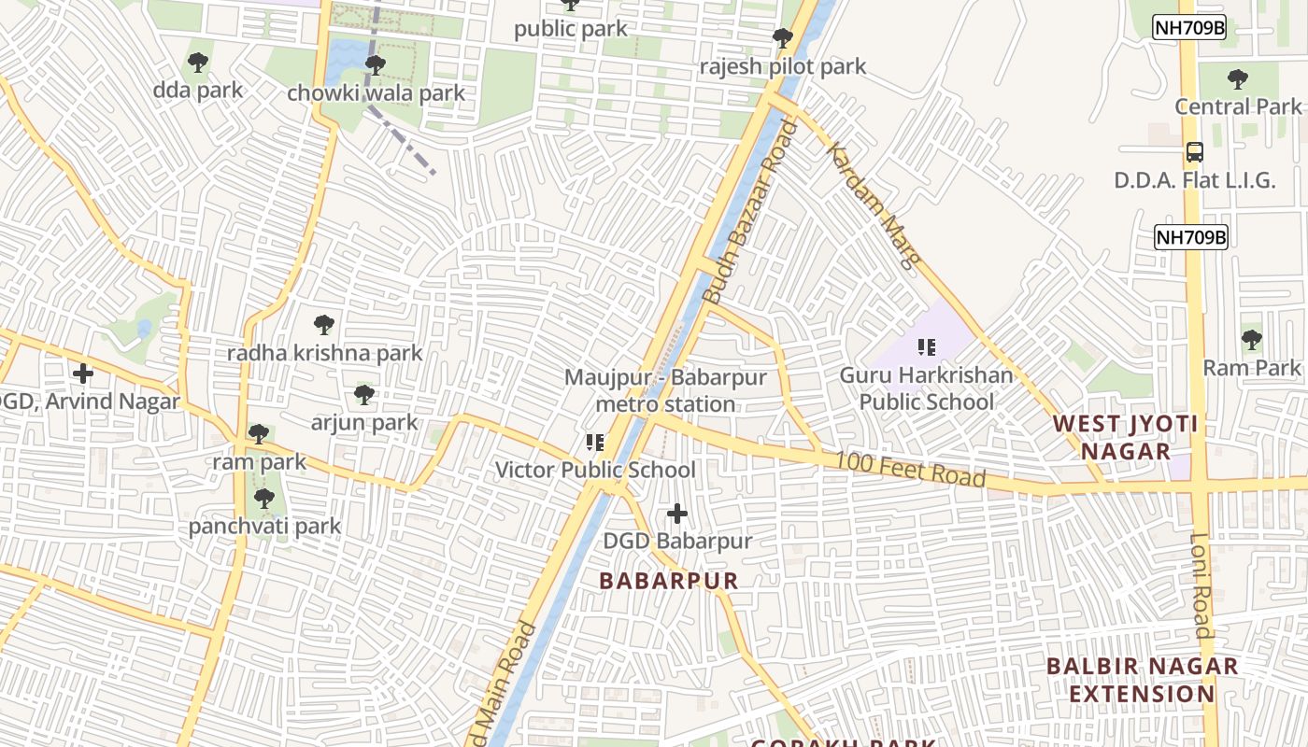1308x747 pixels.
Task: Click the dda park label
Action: click(x=197, y=91)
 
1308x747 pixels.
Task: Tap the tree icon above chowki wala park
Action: click(x=375, y=65)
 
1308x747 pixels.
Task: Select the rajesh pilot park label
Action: click(x=783, y=67)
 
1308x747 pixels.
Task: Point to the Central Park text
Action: click(x=1238, y=106)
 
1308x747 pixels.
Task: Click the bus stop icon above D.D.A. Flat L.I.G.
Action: click(x=1194, y=152)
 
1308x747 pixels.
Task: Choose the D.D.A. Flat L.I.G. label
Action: click(x=1194, y=180)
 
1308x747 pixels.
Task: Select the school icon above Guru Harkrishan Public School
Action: click(x=926, y=348)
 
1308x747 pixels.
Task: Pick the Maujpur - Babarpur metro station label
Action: click(x=665, y=391)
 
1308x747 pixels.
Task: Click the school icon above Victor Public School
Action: click(x=595, y=443)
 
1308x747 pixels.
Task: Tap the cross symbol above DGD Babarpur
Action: click(x=677, y=514)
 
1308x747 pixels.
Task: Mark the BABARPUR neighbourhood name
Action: click(x=669, y=581)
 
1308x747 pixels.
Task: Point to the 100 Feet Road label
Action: click(x=910, y=468)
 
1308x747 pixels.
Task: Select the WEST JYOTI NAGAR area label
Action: click(x=1125, y=437)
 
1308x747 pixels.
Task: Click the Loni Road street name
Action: click(x=1201, y=585)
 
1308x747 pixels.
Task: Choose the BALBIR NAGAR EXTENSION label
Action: click(x=1142, y=680)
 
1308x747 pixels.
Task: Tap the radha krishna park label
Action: click(x=324, y=353)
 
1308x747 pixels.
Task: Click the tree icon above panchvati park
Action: click(x=264, y=499)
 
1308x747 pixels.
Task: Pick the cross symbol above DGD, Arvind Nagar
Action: click(x=83, y=374)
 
